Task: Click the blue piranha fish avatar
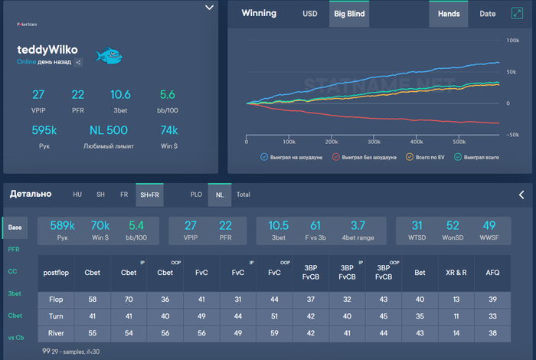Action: click(109, 55)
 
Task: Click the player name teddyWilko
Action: click(47, 49)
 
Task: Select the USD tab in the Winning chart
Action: click(309, 14)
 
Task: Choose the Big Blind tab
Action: click(349, 14)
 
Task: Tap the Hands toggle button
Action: click(449, 14)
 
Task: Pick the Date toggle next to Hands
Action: click(487, 14)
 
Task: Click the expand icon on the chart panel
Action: click(517, 13)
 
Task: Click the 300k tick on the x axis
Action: click(374, 142)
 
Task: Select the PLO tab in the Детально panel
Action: click(198, 195)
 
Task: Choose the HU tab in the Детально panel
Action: click(77, 195)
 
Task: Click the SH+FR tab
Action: click(149, 195)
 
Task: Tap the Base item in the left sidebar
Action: click(15, 227)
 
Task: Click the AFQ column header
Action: click(492, 272)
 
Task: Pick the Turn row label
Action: click(55, 315)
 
